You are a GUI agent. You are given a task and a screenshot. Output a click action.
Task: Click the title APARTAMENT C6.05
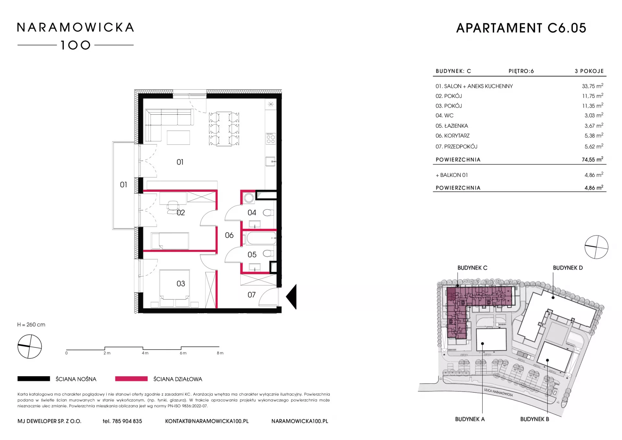[x=521, y=28]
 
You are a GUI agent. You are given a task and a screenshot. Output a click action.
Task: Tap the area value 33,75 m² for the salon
[x=593, y=86]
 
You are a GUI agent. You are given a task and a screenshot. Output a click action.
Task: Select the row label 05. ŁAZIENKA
[x=452, y=126]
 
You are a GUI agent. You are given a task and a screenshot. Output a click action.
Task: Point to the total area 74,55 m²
[x=593, y=159]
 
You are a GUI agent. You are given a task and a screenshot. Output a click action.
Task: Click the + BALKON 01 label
[x=452, y=175]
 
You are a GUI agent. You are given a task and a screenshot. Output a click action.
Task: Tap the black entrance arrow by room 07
[x=291, y=297]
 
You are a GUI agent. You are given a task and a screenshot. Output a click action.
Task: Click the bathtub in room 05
[x=261, y=238]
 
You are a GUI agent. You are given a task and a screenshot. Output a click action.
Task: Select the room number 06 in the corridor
[x=229, y=235]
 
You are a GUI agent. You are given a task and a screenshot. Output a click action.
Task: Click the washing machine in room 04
[x=249, y=198]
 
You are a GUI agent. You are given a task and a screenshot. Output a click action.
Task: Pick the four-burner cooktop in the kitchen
[x=271, y=138]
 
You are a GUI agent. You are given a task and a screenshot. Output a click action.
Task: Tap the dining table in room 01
[x=224, y=129]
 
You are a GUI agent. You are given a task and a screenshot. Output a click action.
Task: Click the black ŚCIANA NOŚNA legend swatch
[x=34, y=379]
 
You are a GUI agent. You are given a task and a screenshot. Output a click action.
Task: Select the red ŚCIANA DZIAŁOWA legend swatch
[x=131, y=379]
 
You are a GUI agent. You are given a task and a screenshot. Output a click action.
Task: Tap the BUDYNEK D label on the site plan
[x=568, y=268]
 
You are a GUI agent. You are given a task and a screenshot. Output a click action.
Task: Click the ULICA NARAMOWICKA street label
[x=498, y=392]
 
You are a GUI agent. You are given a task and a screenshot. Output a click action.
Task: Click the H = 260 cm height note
[x=31, y=325]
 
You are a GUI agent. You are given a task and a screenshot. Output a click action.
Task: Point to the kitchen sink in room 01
[x=271, y=161]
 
